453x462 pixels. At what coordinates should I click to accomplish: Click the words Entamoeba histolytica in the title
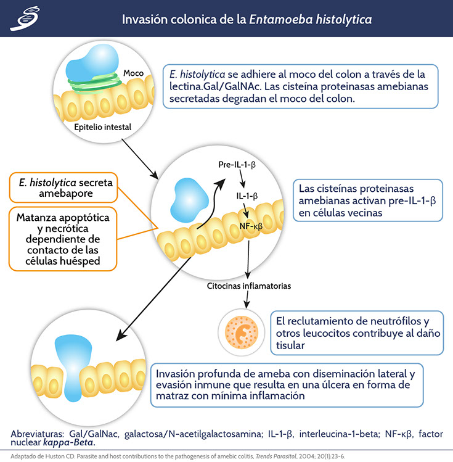tap(310, 19)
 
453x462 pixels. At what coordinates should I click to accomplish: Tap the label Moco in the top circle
tap(133, 73)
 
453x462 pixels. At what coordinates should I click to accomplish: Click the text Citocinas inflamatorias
tap(249, 286)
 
